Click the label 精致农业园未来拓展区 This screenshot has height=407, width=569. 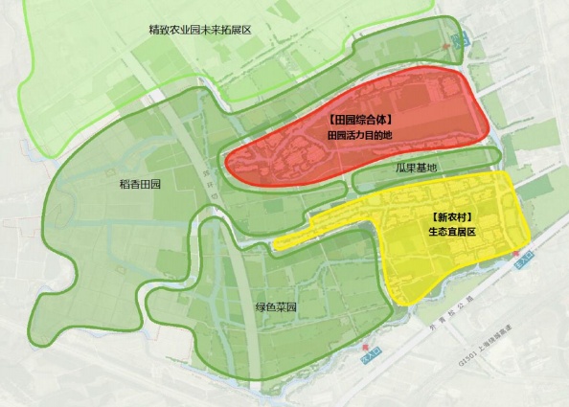199,31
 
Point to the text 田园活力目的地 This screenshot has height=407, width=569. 359,137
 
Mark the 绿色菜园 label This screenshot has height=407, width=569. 276,308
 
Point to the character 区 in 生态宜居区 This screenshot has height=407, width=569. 474,232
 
